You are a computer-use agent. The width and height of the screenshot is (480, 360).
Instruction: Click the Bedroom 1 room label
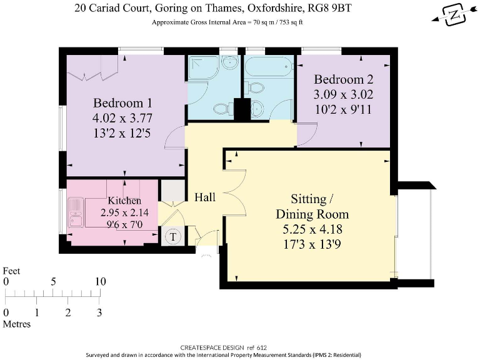click(x=122, y=103)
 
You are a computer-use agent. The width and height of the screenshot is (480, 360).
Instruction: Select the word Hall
click(x=205, y=197)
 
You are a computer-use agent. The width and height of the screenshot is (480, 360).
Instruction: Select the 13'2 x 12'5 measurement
click(x=122, y=132)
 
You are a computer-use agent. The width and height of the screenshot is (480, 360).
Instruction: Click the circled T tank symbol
click(x=172, y=237)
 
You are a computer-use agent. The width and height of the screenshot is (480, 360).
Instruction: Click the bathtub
click(x=268, y=65)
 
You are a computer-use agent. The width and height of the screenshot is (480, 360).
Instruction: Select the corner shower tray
click(x=202, y=68)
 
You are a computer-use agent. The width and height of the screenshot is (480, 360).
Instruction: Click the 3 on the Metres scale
click(x=99, y=312)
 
